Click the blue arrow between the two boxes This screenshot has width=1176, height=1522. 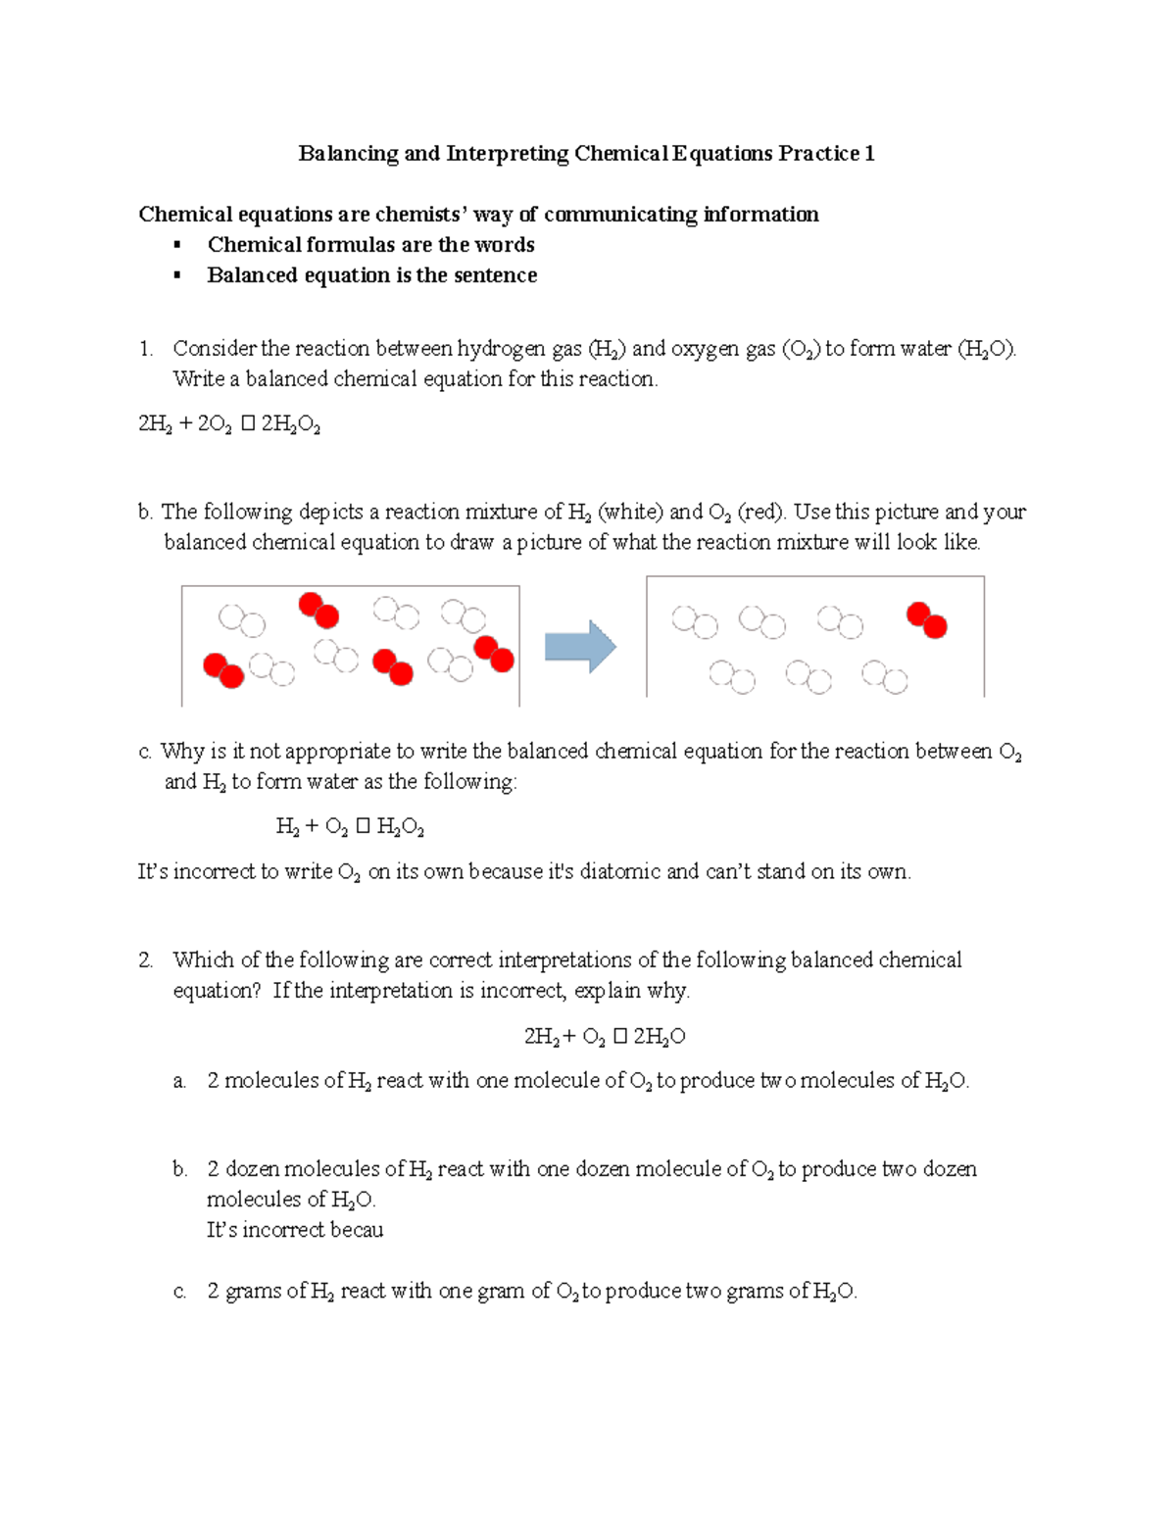click(x=579, y=647)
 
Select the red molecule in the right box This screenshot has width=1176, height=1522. click(x=926, y=620)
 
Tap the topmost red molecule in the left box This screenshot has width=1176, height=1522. click(x=318, y=610)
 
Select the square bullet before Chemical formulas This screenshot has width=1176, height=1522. click(x=177, y=245)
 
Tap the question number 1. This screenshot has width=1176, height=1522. click(x=146, y=349)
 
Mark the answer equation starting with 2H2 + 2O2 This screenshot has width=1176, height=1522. click(x=230, y=424)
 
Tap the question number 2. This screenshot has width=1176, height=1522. click(x=146, y=960)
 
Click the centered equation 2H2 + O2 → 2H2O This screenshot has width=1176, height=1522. click(x=604, y=1037)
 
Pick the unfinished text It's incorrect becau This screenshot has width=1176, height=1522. click(x=295, y=1230)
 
